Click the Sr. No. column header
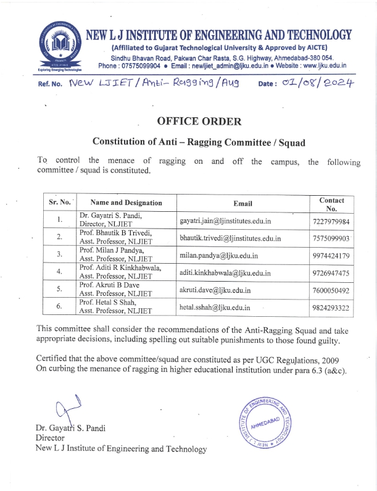[x=60, y=202]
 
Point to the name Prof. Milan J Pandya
[x=109, y=251]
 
